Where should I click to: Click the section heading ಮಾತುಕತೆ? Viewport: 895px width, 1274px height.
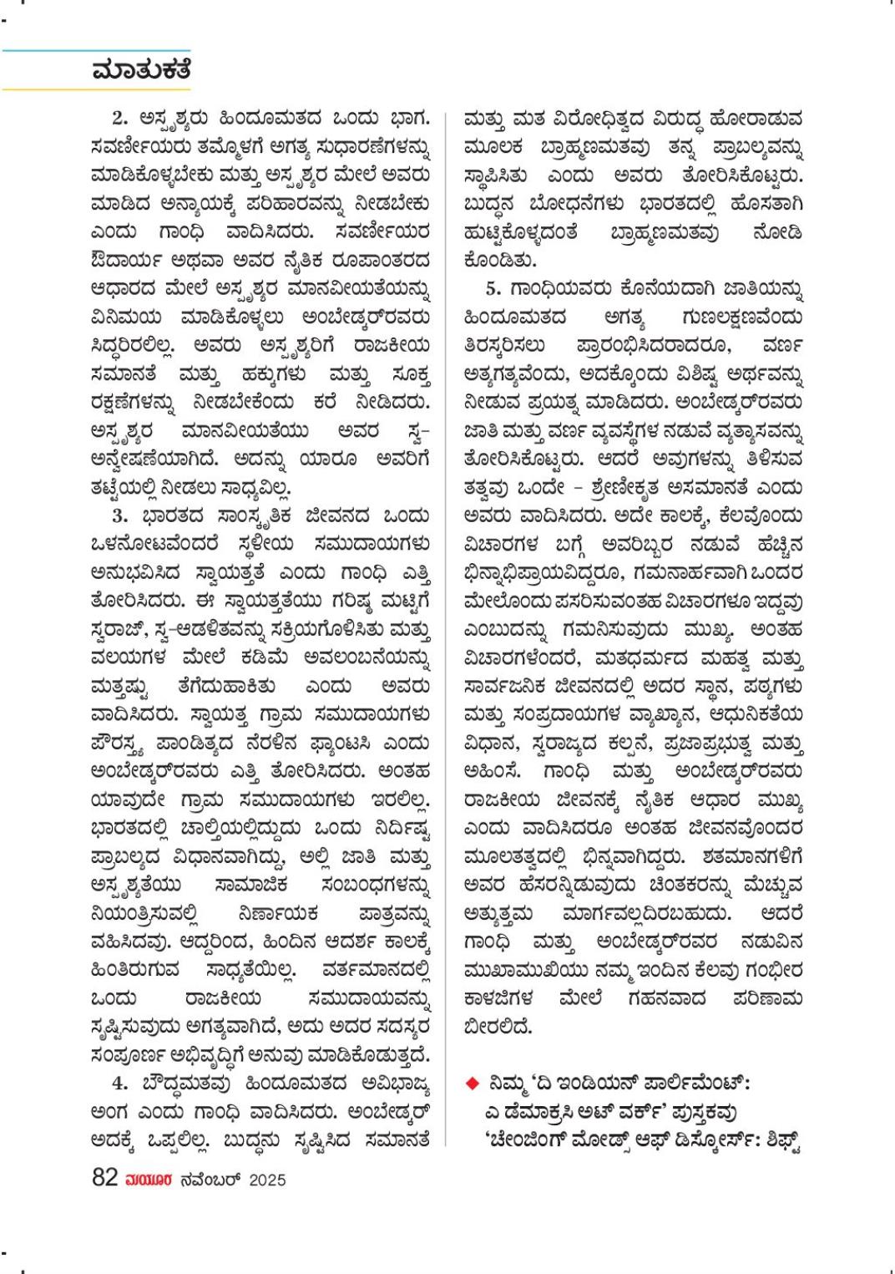tap(141, 70)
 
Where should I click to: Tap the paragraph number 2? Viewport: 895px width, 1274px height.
tap(120, 116)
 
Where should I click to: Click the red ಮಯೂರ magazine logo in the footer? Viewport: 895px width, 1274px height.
tap(149, 1180)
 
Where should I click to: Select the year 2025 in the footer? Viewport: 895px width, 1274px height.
tap(267, 1180)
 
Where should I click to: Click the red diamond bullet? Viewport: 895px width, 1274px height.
tap(472, 1084)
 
